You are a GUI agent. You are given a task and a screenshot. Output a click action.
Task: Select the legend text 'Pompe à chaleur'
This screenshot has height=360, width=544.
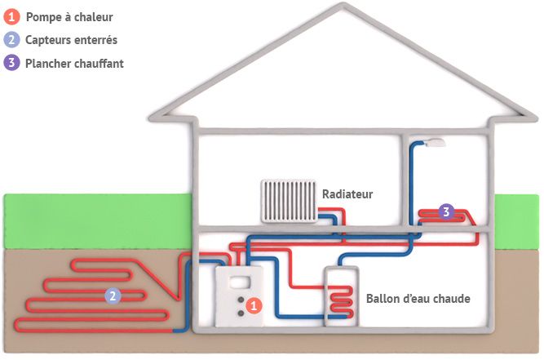[70, 16]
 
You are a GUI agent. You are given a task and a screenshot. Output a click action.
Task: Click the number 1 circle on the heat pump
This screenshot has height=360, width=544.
[254, 304]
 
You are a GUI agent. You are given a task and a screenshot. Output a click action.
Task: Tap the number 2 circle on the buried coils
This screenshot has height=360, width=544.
[112, 296]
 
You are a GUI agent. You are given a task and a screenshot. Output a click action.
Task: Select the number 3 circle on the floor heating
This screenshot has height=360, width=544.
[445, 212]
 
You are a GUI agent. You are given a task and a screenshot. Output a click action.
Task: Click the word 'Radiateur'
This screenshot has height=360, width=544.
[347, 194]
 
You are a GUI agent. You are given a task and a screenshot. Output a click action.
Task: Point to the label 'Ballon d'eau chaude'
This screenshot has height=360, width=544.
[418, 299]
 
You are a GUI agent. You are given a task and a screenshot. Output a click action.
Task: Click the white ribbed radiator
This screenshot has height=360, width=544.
[287, 201]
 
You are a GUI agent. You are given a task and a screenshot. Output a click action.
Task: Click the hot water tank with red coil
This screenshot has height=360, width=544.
[340, 299]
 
